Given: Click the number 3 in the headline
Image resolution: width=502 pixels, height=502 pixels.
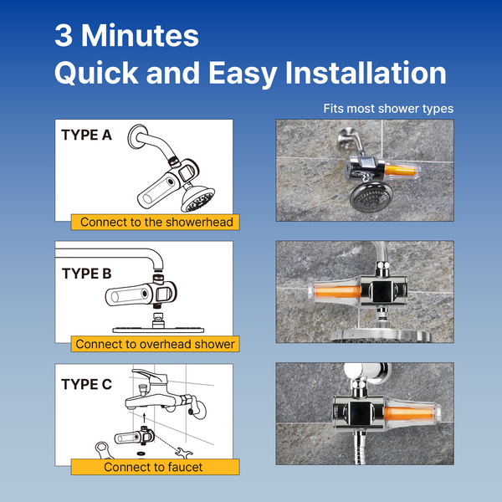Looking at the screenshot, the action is coord(64,35).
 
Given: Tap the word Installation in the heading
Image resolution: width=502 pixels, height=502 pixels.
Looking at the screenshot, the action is coord(366,73).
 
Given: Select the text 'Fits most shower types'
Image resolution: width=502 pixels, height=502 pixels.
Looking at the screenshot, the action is coord(388,109).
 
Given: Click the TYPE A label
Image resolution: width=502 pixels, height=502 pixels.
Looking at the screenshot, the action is coord(86,135).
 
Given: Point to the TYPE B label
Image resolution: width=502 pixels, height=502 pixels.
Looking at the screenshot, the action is coord(86,274).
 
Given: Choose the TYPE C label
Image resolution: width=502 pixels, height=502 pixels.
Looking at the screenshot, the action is coord(86,384).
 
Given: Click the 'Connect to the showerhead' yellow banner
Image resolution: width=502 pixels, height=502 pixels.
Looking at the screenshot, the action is coord(156,222).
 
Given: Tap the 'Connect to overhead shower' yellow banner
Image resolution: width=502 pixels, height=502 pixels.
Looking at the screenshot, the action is coord(156,344).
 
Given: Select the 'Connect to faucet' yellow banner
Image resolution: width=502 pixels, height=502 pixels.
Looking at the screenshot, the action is coord(156,467).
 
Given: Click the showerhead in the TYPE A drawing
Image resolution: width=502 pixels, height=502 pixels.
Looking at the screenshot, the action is coord(197,198).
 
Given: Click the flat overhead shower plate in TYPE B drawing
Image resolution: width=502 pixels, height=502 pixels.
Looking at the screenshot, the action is coord(158,330).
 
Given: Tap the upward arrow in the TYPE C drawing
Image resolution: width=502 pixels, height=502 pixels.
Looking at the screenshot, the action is coord(144,417).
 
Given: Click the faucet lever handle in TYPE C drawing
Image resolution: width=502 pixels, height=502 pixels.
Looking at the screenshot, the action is coord(150,375).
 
